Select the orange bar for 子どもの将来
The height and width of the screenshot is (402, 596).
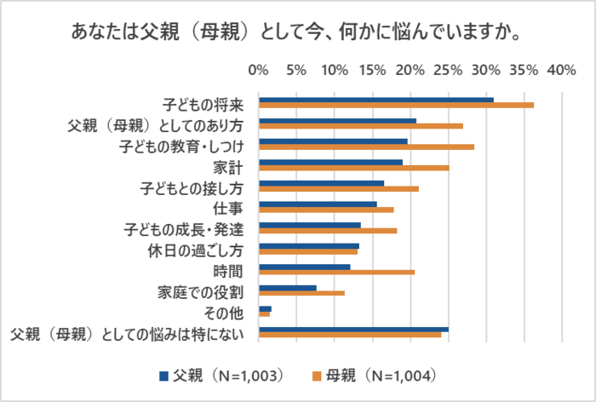coord(396,106)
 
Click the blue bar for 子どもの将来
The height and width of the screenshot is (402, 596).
coord(375,100)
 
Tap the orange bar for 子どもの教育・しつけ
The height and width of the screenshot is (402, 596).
coord(366,147)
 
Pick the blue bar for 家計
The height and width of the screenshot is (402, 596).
coord(330,162)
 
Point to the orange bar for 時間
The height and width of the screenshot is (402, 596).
coord(336,273)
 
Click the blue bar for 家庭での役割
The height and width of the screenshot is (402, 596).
coord(288,287)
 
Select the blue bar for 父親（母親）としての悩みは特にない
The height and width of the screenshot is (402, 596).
coord(353,329)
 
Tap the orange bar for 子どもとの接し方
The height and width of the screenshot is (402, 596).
coord(339,189)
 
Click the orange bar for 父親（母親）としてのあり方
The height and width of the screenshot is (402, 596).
coord(361,126)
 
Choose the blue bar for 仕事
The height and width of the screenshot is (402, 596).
coord(318,204)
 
